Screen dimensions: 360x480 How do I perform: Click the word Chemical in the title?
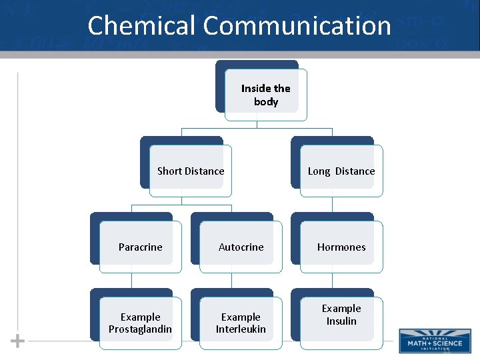point(142,26)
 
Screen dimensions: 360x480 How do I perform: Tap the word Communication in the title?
point(297,26)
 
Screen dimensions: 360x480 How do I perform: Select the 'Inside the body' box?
point(265,95)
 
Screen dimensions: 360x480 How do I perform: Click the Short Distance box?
point(190,171)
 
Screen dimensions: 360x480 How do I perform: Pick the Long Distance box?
point(341,171)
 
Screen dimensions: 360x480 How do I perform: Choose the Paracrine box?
point(140,247)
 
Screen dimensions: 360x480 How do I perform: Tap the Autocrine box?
point(241,247)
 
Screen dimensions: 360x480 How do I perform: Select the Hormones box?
point(341,247)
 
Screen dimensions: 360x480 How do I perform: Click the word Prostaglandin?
point(140,329)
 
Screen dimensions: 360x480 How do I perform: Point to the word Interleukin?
point(241,329)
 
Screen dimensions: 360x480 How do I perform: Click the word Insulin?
point(341,321)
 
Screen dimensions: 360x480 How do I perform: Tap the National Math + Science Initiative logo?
point(434,341)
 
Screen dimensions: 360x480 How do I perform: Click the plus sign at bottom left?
point(18,341)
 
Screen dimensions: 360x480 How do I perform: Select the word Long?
point(319,171)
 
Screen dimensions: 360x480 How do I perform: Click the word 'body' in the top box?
point(265,102)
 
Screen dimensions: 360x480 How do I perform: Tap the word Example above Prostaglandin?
point(140,317)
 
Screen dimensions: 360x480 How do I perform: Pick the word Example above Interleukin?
point(241,317)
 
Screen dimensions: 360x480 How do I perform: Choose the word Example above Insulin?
point(341,309)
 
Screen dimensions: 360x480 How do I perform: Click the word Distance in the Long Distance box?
point(355,171)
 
